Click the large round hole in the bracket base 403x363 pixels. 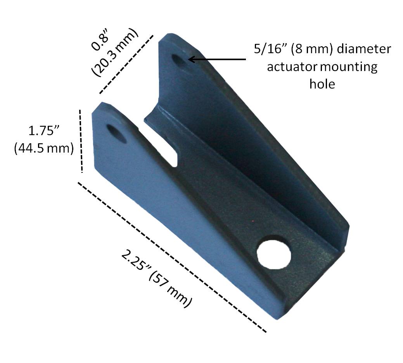click(x=274, y=254)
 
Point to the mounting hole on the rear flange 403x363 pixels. click(x=179, y=61)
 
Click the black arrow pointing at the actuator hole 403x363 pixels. click(x=217, y=59)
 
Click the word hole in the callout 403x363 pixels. click(x=322, y=83)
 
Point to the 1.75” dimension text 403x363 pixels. click(x=43, y=130)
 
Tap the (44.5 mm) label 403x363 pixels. click(x=43, y=148)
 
